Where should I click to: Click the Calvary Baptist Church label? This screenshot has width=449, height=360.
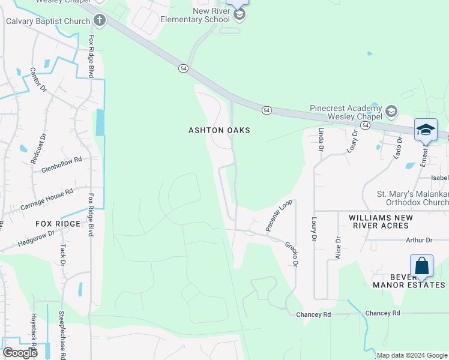tap(47, 22)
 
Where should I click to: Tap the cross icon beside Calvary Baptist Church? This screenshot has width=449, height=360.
tap(100, 22)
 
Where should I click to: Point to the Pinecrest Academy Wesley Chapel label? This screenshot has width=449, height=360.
tap(346, 112)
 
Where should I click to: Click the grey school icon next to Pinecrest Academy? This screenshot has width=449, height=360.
tap(391, 112)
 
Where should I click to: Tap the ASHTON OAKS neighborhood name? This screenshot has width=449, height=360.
tap(219, 130)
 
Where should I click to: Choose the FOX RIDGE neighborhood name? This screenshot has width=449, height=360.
tap(58, 224)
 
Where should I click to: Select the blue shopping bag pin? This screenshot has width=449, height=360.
tap(421, 266)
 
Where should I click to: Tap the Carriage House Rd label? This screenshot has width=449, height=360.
tap(46, 199)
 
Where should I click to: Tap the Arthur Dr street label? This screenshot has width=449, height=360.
tap(418, 240)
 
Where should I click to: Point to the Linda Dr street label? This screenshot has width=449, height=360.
tap(321, 139)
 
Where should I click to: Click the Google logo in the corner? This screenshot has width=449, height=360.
tap(20, 353)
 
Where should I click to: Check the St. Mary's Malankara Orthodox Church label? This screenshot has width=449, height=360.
tap(412, 198)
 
